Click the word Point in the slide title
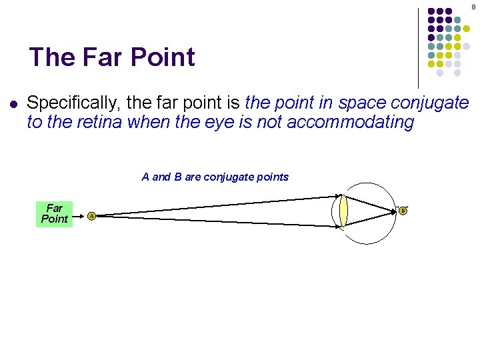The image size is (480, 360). click(x=163, y=57)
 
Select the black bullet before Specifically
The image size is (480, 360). click(x=13, y=104)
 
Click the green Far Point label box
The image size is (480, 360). click(x=55, y=214)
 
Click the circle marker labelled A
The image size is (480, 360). click(x=91, y=215)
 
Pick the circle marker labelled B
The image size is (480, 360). click(x=403, y=211)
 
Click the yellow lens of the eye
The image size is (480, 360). click(x=343, y=211)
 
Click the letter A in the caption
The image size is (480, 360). click(x=145, y=177)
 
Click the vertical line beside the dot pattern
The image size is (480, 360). click(x=418, y=47)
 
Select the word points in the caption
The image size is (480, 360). click(x=272, y=177)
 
